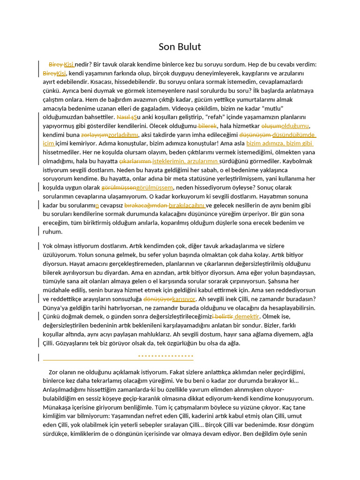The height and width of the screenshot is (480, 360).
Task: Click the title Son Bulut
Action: tap(180, 46)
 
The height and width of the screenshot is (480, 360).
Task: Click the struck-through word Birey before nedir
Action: tap(56, 64)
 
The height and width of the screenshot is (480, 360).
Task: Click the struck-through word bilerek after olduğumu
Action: tap(207, 126)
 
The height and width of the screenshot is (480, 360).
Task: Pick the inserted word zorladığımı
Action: tap(123, 135)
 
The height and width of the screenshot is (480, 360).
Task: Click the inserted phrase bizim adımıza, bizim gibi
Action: tap(279, 143)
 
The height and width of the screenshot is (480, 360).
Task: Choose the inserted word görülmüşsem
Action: tap(155, 187)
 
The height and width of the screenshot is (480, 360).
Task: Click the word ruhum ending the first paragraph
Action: tap(52, 232)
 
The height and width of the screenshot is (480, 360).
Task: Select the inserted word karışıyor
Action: tap(184, 299)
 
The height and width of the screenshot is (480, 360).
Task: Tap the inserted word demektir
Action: tap(247, 317)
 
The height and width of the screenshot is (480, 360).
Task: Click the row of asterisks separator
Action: tap(165, 357)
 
